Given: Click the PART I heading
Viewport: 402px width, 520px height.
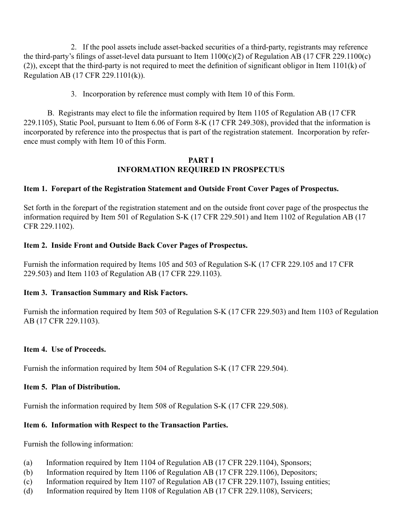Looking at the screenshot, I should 201,160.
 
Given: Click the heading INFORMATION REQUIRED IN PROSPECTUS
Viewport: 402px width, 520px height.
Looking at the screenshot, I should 201,170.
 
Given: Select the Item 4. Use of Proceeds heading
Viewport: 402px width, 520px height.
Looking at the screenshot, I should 65,349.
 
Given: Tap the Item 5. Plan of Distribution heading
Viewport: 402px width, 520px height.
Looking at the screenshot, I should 72,387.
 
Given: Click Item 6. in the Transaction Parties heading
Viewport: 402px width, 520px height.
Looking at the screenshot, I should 36,425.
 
